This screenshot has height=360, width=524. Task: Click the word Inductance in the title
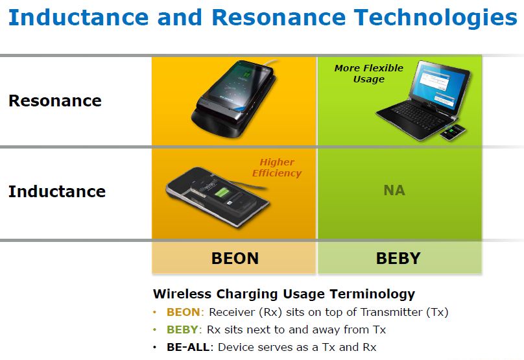click(78, 17)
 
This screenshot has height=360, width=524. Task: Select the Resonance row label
click(55, 101)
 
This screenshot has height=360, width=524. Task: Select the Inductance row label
click(57, 191)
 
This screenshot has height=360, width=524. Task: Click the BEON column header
click(235, 258)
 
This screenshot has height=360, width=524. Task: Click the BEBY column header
click(398, 258)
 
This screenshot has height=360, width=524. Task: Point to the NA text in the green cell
click(394, 191)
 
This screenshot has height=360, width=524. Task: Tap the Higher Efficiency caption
click(277, 167)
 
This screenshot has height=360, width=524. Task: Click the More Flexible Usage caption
click(369, 73)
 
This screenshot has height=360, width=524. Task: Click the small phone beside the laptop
click(453, 132)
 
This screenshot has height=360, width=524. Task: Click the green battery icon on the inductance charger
click(220, 193)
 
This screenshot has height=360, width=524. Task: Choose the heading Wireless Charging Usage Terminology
click(284, 294)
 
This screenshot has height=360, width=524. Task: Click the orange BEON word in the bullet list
click(183, 312)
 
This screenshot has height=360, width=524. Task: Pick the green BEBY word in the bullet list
click(182, 330)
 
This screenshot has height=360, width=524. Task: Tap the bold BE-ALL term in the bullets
click(188, 347)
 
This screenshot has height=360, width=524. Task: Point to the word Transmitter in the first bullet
click(392, 312)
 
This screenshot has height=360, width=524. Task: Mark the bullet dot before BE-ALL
click(154, 348)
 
